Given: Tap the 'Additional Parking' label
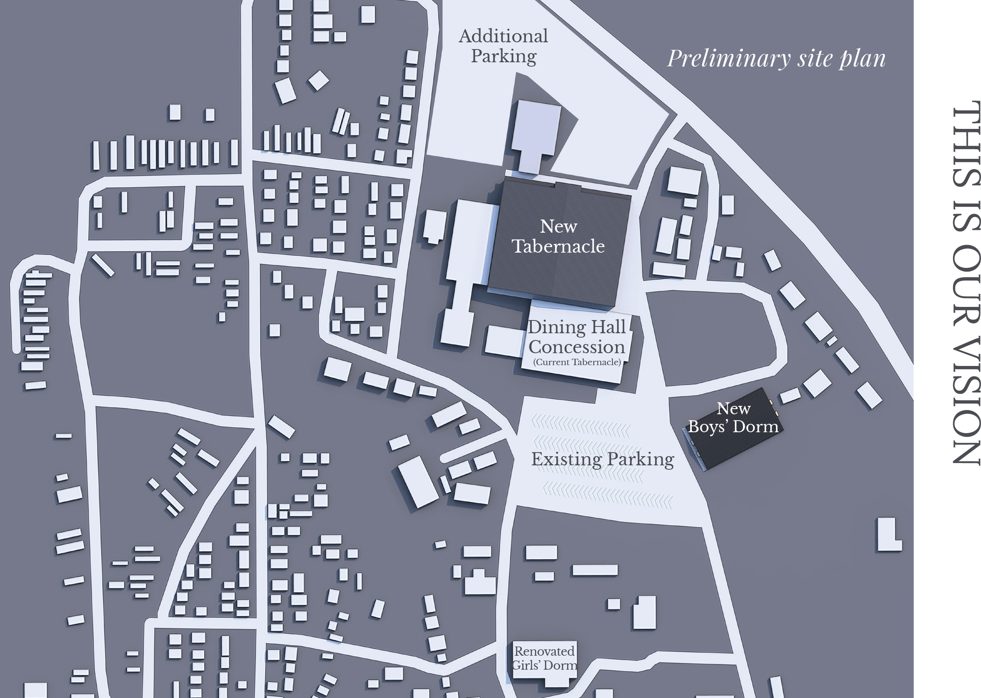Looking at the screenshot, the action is click(503, 46).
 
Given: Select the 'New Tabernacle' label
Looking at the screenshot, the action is click(558, 236).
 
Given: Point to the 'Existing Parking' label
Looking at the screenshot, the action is click(602, 459).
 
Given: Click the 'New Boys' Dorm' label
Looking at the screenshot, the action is click(734, 417).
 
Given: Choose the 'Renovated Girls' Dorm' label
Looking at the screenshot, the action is click(545, 658).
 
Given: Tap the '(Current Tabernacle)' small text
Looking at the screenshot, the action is click(576, 362).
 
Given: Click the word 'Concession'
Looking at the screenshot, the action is click(576, 346).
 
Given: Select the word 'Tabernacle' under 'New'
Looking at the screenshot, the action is click(558, 246).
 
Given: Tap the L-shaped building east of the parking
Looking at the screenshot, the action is click(888, 534).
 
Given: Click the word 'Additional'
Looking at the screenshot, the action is click(503, 36).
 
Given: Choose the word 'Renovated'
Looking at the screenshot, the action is click(545, 651).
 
